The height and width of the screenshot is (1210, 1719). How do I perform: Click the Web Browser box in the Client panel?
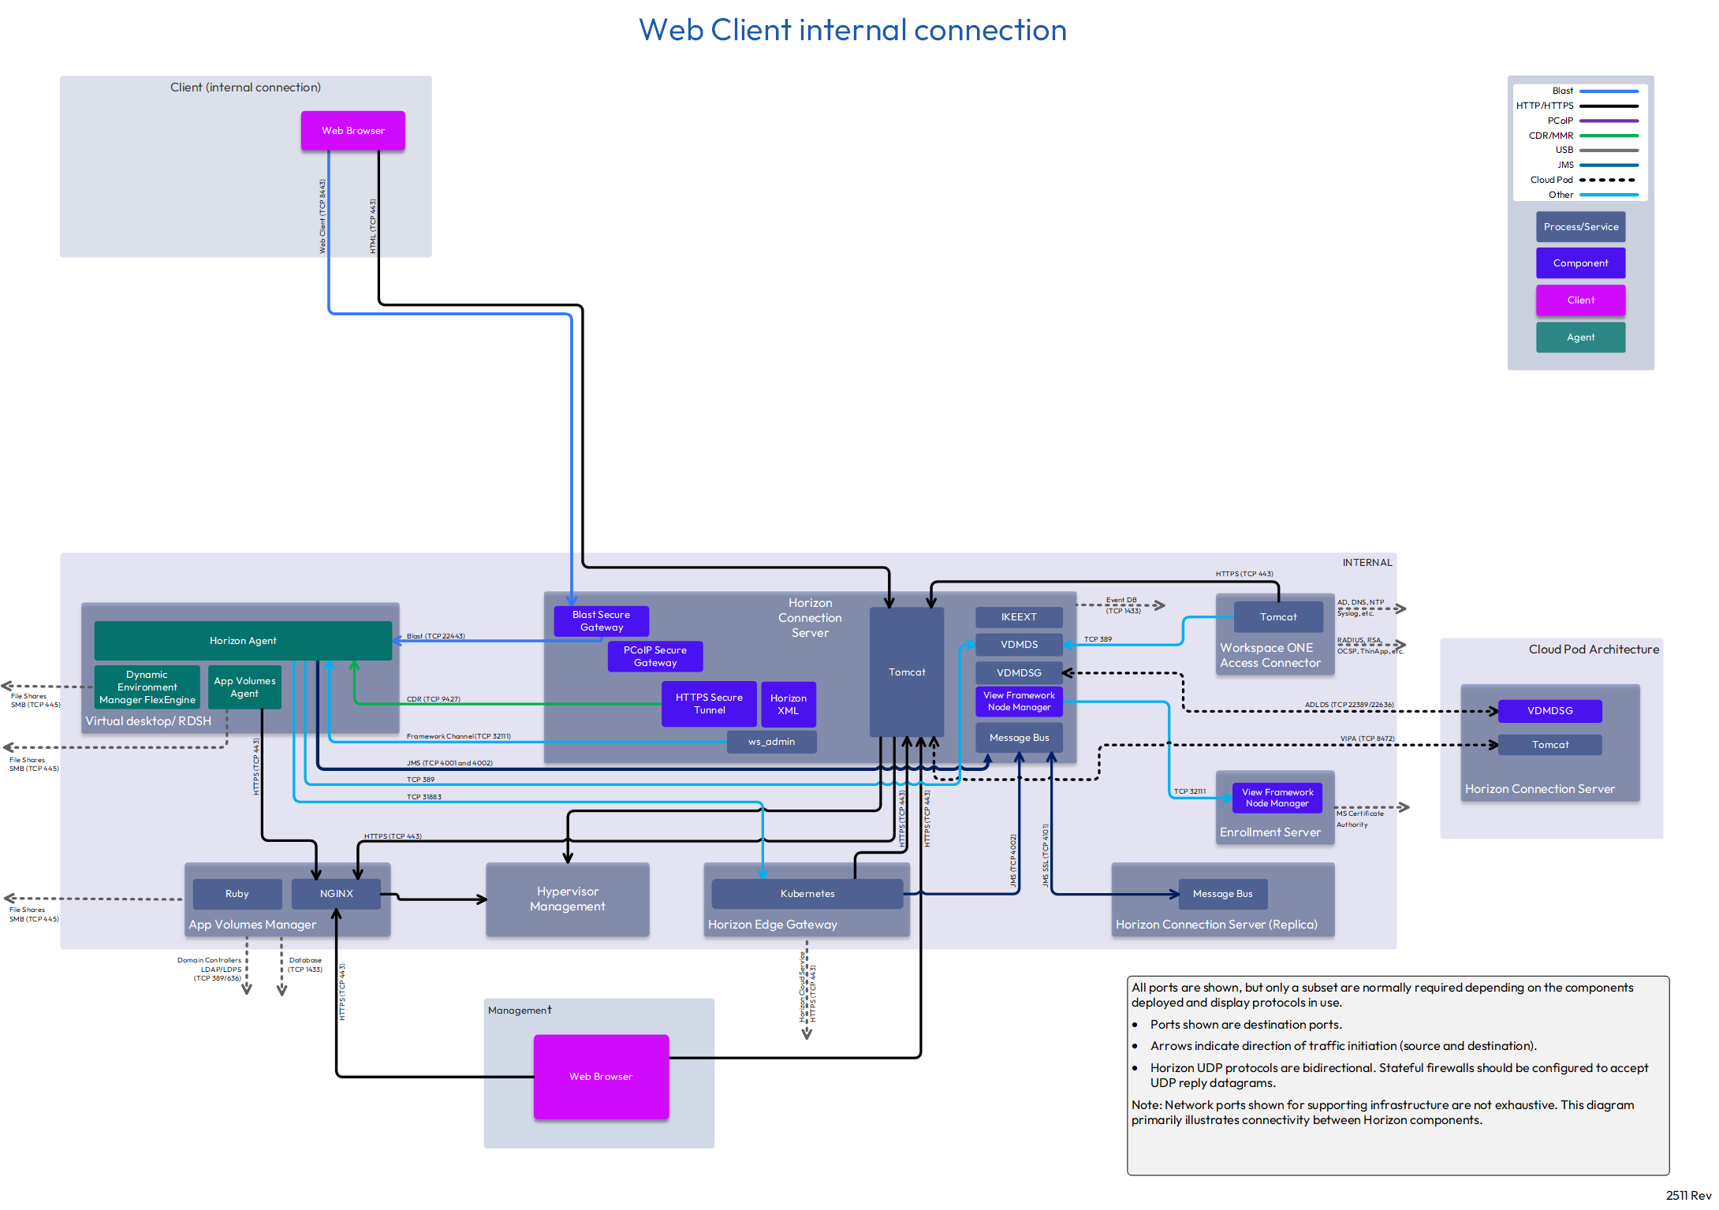pos(352,131)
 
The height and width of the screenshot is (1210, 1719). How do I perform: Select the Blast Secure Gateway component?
pos(601,621)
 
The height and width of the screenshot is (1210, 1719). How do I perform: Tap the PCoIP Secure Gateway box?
pos(654,657)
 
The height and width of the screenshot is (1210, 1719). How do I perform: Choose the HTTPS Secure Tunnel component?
pos(709,704)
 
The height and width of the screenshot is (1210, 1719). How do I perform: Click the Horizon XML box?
pos(788,705)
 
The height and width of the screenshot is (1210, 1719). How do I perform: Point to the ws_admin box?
pos(771,742)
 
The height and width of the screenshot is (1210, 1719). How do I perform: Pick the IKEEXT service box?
pos(1019,617)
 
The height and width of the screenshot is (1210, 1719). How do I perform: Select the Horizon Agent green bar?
pos(243,641)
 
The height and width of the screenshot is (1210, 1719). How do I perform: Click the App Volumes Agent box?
pos(244,687)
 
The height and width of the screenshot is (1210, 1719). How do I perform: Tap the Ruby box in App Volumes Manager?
pos(237,894)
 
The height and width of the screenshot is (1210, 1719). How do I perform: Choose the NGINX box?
pos(336,894)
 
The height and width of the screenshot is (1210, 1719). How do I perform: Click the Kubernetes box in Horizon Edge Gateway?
pos(807,894)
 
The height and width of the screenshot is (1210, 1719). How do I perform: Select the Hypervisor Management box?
pos(567,899)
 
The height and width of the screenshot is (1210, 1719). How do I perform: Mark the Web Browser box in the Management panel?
pos(601,1077)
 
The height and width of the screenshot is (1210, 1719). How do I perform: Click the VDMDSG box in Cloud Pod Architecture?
pos(1549,711)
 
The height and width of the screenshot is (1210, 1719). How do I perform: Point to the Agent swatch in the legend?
pos(1580,337)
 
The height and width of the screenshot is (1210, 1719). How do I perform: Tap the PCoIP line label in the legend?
pos(1560,121)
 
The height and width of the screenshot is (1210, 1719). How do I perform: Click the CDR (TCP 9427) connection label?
pos(433,699)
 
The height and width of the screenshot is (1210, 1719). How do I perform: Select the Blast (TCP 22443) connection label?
pos(435,636)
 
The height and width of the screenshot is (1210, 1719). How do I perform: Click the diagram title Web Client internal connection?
pos(852,30)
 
